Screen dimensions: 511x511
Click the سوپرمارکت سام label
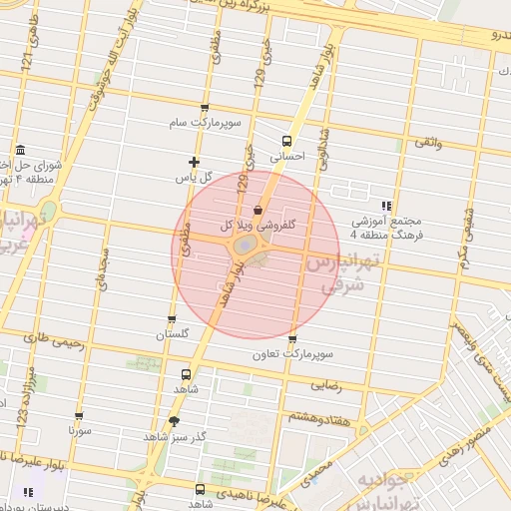point(205,122)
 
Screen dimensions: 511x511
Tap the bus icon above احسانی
point(287,141)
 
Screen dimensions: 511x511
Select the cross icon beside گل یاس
point(194,162)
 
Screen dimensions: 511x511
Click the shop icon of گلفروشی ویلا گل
point(258,211)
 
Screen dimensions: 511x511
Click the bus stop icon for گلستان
point(172,320)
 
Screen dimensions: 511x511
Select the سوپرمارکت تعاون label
point(291,354)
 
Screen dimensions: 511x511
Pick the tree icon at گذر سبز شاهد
point(175,421)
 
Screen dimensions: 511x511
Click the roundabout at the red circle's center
point(244,245)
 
